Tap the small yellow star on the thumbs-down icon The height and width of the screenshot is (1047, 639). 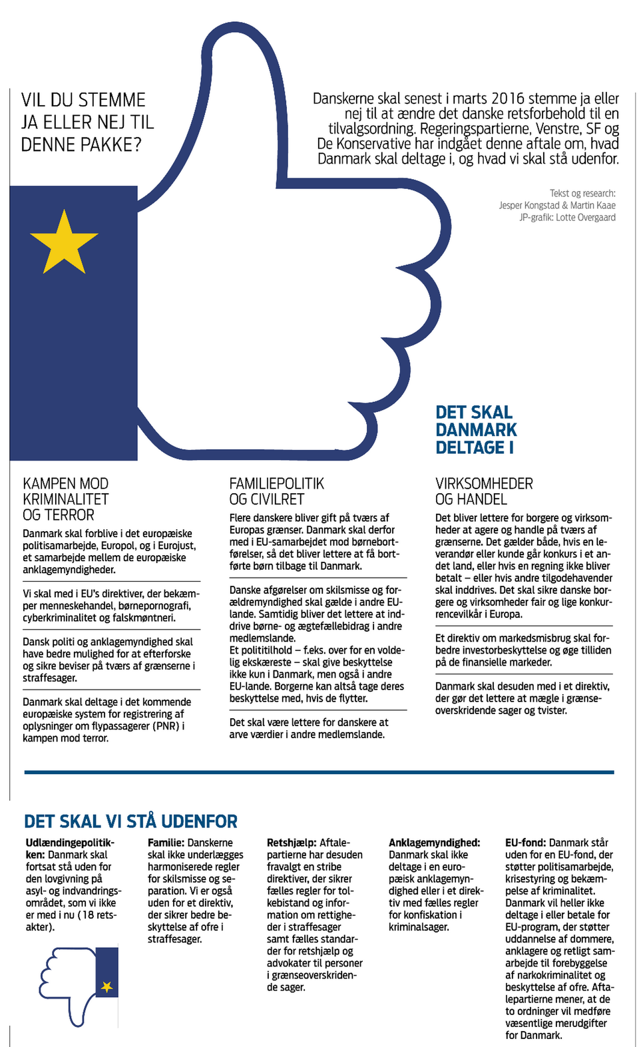tap(106, 986)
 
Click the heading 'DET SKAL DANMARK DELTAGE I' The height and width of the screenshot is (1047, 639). tap(476, 430)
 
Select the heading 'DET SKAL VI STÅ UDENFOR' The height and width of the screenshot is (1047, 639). tap(130, 821)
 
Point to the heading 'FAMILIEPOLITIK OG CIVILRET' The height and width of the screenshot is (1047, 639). tap(276, 491)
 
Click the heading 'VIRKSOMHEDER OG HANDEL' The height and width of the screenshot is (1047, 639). tap(484, 491)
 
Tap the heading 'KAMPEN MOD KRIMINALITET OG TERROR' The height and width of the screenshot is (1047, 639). tap(65, 499)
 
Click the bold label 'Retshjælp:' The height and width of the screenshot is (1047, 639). tap(292, 843)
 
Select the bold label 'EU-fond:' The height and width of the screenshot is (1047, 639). tap(525, 843)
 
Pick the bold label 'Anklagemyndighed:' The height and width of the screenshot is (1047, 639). tap(434, 843)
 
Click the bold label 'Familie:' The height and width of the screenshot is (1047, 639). tap(166, 843)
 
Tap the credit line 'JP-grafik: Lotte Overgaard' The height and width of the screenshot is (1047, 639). tap(567, 218)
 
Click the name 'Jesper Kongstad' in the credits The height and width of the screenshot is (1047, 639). tap(529, 206)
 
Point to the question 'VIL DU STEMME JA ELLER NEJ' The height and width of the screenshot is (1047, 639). tap(87, 122)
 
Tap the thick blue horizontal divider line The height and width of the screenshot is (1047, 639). tap(319, 772)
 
